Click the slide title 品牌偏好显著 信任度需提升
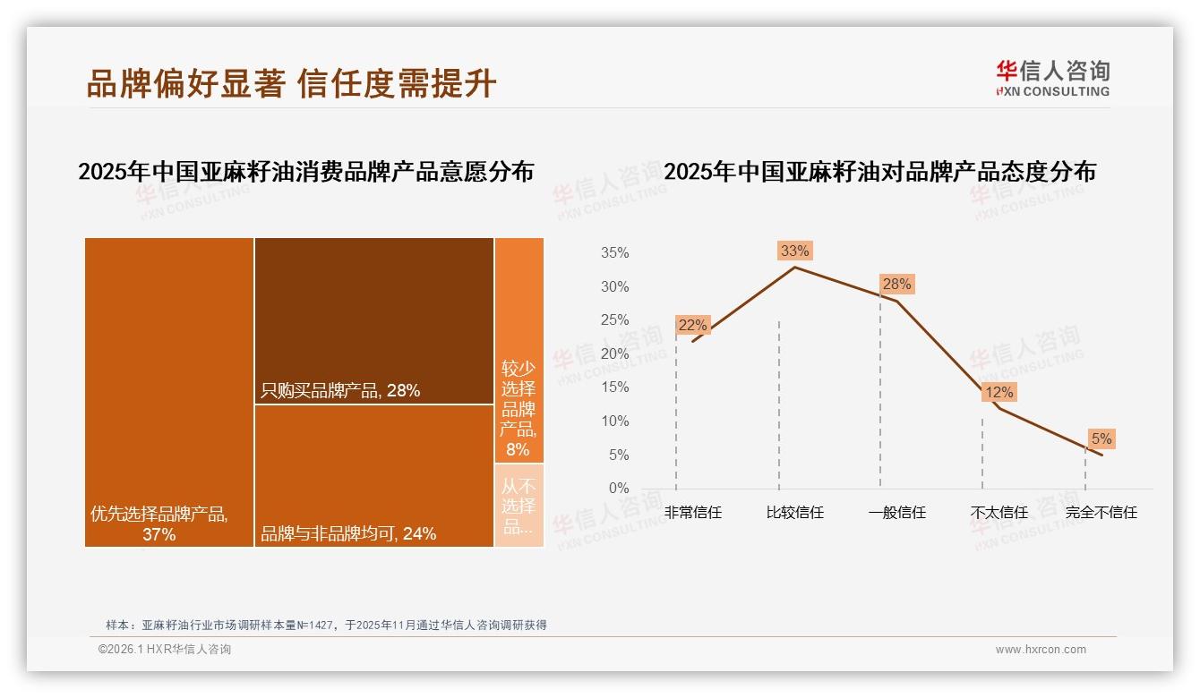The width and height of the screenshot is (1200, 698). (291, 83)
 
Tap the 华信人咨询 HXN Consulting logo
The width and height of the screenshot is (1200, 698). (1052, 78)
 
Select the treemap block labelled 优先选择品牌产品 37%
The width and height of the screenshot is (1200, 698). (169, 391)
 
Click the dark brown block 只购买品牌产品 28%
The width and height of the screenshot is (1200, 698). (373, 320)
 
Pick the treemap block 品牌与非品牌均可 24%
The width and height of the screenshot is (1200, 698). (373, 475)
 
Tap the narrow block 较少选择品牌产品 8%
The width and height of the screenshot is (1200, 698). (519, 350)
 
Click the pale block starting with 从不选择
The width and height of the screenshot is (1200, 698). (519, 505)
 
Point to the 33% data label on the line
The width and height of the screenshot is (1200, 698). (794, 251)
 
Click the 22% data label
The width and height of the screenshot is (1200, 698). (692, 325)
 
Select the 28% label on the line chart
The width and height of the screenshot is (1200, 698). (896, 285)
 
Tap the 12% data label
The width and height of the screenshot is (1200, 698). (999, 392)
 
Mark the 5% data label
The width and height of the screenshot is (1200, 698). (1101, 438)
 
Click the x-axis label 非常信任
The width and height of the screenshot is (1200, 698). (692, 513)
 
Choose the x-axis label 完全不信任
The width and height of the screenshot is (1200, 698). (1101, 513)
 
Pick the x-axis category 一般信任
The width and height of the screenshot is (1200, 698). (896, 513)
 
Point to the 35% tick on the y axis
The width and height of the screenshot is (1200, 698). (614, 253)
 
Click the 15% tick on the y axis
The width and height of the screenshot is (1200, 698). (614, 387)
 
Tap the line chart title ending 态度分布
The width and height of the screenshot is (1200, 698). (879, 171)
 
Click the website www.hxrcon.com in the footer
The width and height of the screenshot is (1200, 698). (1041, 650)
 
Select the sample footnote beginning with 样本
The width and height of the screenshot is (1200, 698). (326, 625)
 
